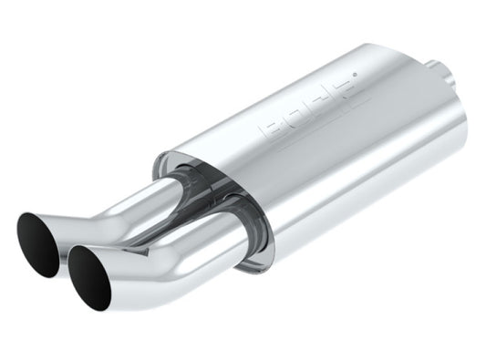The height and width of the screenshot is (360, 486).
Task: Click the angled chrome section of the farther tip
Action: point(73,223)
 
